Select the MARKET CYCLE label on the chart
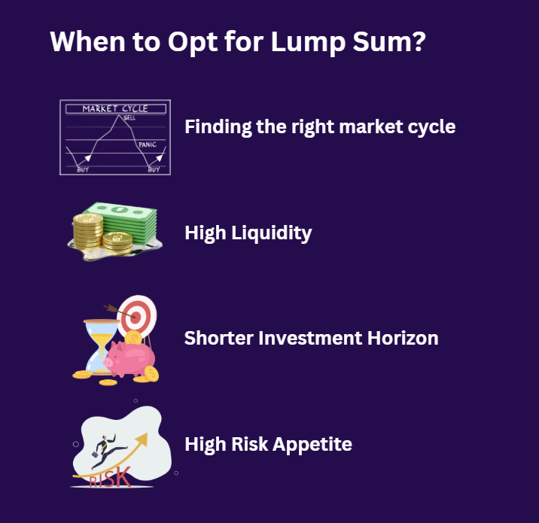pos(114,108)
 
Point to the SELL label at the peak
pos(129,118)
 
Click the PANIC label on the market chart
pos(147,144)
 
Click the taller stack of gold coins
pos(87,230)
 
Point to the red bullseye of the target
pos(136,317)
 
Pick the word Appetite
pos(317,444)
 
